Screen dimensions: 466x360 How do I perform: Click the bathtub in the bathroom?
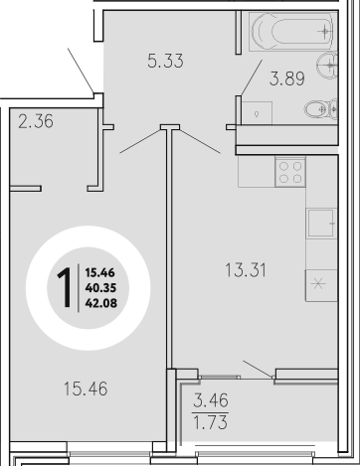coord(292,33)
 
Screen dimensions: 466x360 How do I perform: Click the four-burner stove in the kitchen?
coord(291,172)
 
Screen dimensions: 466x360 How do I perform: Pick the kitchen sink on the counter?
coord(321,223)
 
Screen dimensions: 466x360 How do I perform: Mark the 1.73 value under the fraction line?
coord(212,429)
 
